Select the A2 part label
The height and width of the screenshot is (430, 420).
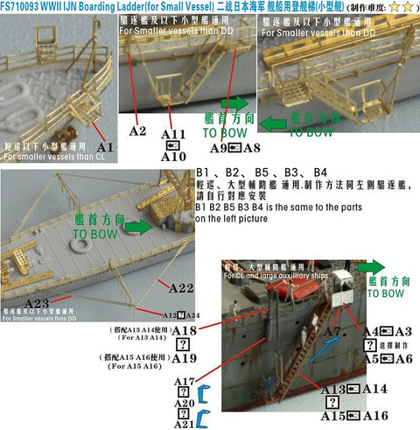click(136, 131)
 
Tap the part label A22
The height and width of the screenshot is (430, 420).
click(181, 287)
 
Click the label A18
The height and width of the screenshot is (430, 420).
click(183, 329)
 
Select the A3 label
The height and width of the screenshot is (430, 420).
click(403, 331)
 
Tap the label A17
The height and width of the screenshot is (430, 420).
click(184, 382)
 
